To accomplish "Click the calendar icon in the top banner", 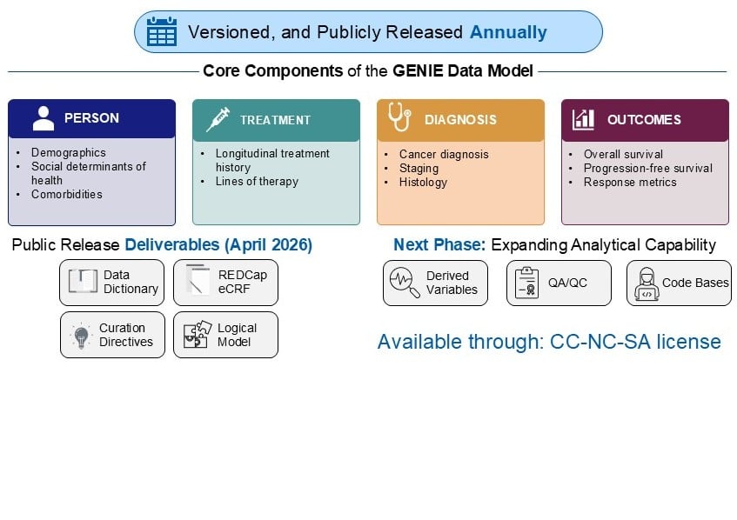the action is (162, 31).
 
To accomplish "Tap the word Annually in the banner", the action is (508, 32).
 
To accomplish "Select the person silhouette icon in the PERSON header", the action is (44, 118).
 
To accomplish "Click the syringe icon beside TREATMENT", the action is (218, 119).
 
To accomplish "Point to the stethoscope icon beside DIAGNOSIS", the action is (399, 117).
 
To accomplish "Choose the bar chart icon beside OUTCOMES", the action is (583, 119).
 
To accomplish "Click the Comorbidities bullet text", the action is (67, 195).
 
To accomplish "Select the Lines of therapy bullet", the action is (257, 182).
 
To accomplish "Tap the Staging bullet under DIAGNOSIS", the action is (419, 168).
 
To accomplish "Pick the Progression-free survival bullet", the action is (647, 168).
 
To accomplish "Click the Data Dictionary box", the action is (112, 283).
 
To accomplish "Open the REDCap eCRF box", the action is (225, 283).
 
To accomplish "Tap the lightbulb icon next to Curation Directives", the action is (81, 336).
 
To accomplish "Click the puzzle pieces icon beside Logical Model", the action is (197, 334).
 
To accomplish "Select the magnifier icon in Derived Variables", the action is (405, 283).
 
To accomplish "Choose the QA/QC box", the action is (559, 283).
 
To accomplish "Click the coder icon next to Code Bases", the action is (647, 284).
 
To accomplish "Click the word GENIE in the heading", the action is (418, 71).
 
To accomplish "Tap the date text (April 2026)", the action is (268, 244).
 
